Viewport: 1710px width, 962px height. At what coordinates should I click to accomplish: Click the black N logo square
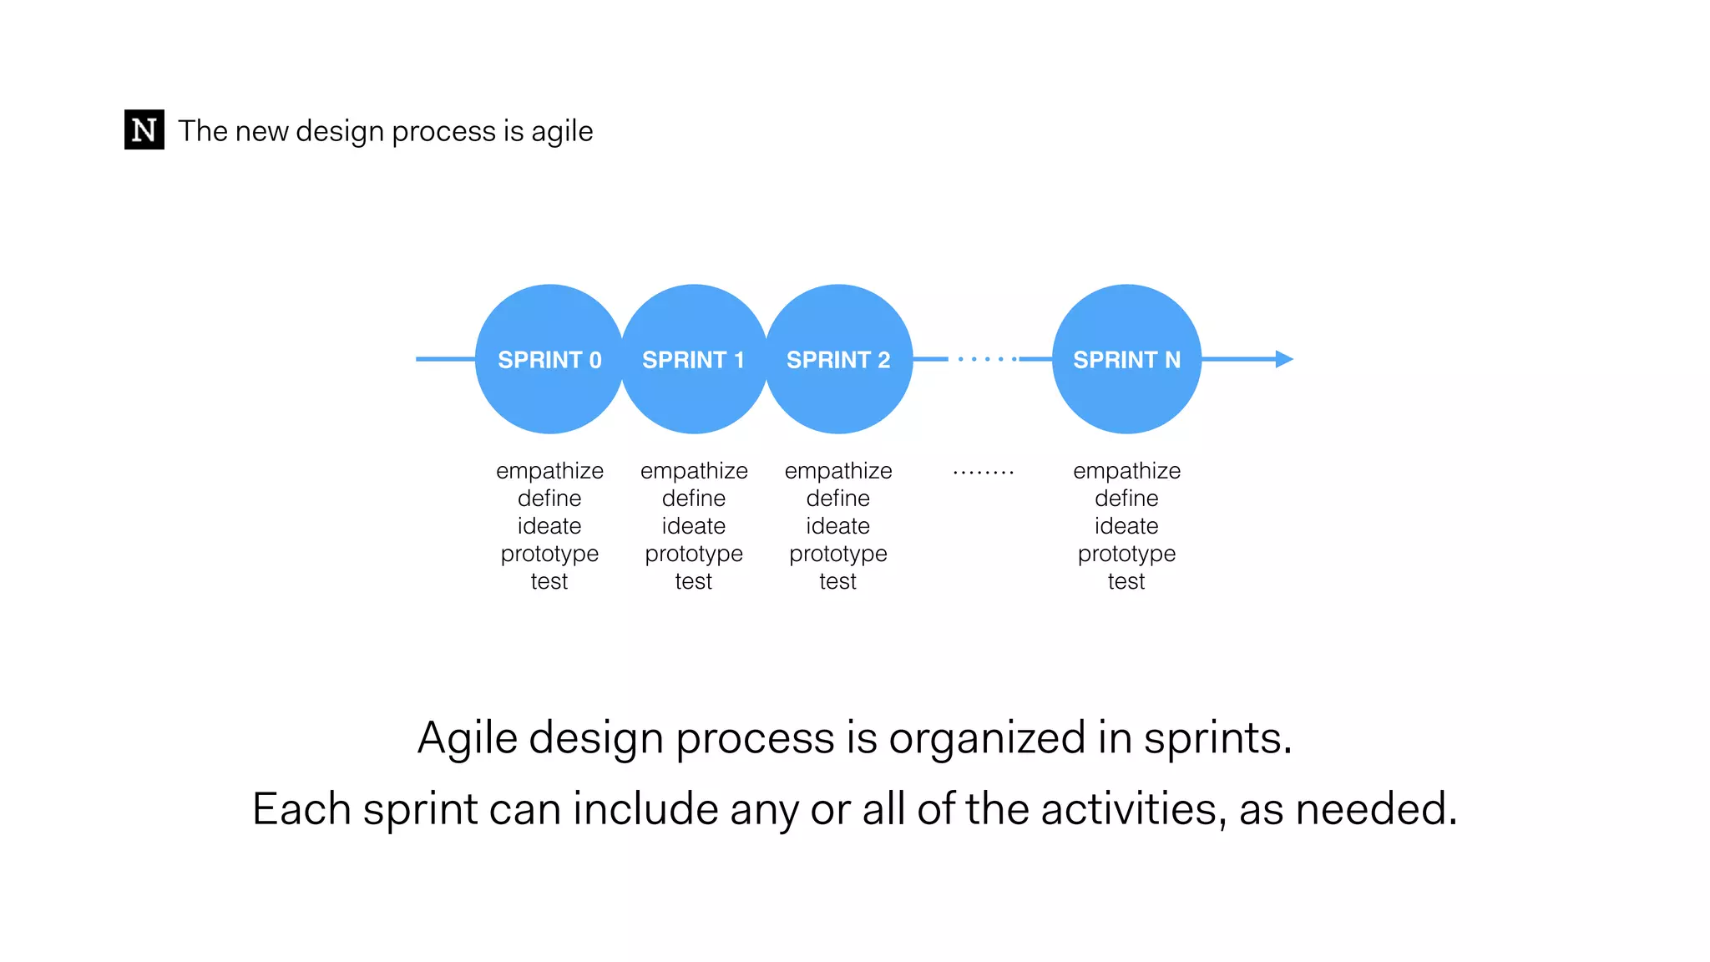[144, 129]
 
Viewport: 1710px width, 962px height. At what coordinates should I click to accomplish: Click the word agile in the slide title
[562, 132]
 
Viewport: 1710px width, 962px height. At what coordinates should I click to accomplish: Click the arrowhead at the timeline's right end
[1284, 359]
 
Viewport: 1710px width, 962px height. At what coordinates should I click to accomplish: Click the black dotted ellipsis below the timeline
[984, 473]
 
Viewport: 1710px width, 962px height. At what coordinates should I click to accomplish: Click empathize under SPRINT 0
[549, 471]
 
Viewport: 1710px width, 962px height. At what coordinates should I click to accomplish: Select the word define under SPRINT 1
[693, 499]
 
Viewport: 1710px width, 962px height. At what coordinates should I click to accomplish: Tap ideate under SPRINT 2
[838, 526]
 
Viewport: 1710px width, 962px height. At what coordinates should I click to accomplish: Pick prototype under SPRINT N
[1126, 554]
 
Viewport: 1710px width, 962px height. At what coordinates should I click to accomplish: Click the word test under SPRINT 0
[549, 581]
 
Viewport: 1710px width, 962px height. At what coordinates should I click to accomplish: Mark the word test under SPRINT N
[1126, 581]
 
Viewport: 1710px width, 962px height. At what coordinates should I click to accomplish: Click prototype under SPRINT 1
[693, 554]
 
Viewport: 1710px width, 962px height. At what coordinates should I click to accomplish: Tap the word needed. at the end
[1375, 809]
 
